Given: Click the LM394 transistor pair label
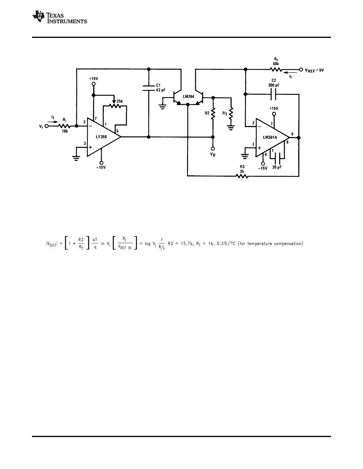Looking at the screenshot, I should coord(189,96).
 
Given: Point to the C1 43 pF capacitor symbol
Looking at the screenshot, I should coord(148,88).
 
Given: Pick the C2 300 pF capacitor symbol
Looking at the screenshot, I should coord(272,94).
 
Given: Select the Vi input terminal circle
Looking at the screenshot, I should coord(47,126).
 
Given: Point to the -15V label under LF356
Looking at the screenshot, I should coord(102,167).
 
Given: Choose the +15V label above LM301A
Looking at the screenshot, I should coord(273,108).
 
